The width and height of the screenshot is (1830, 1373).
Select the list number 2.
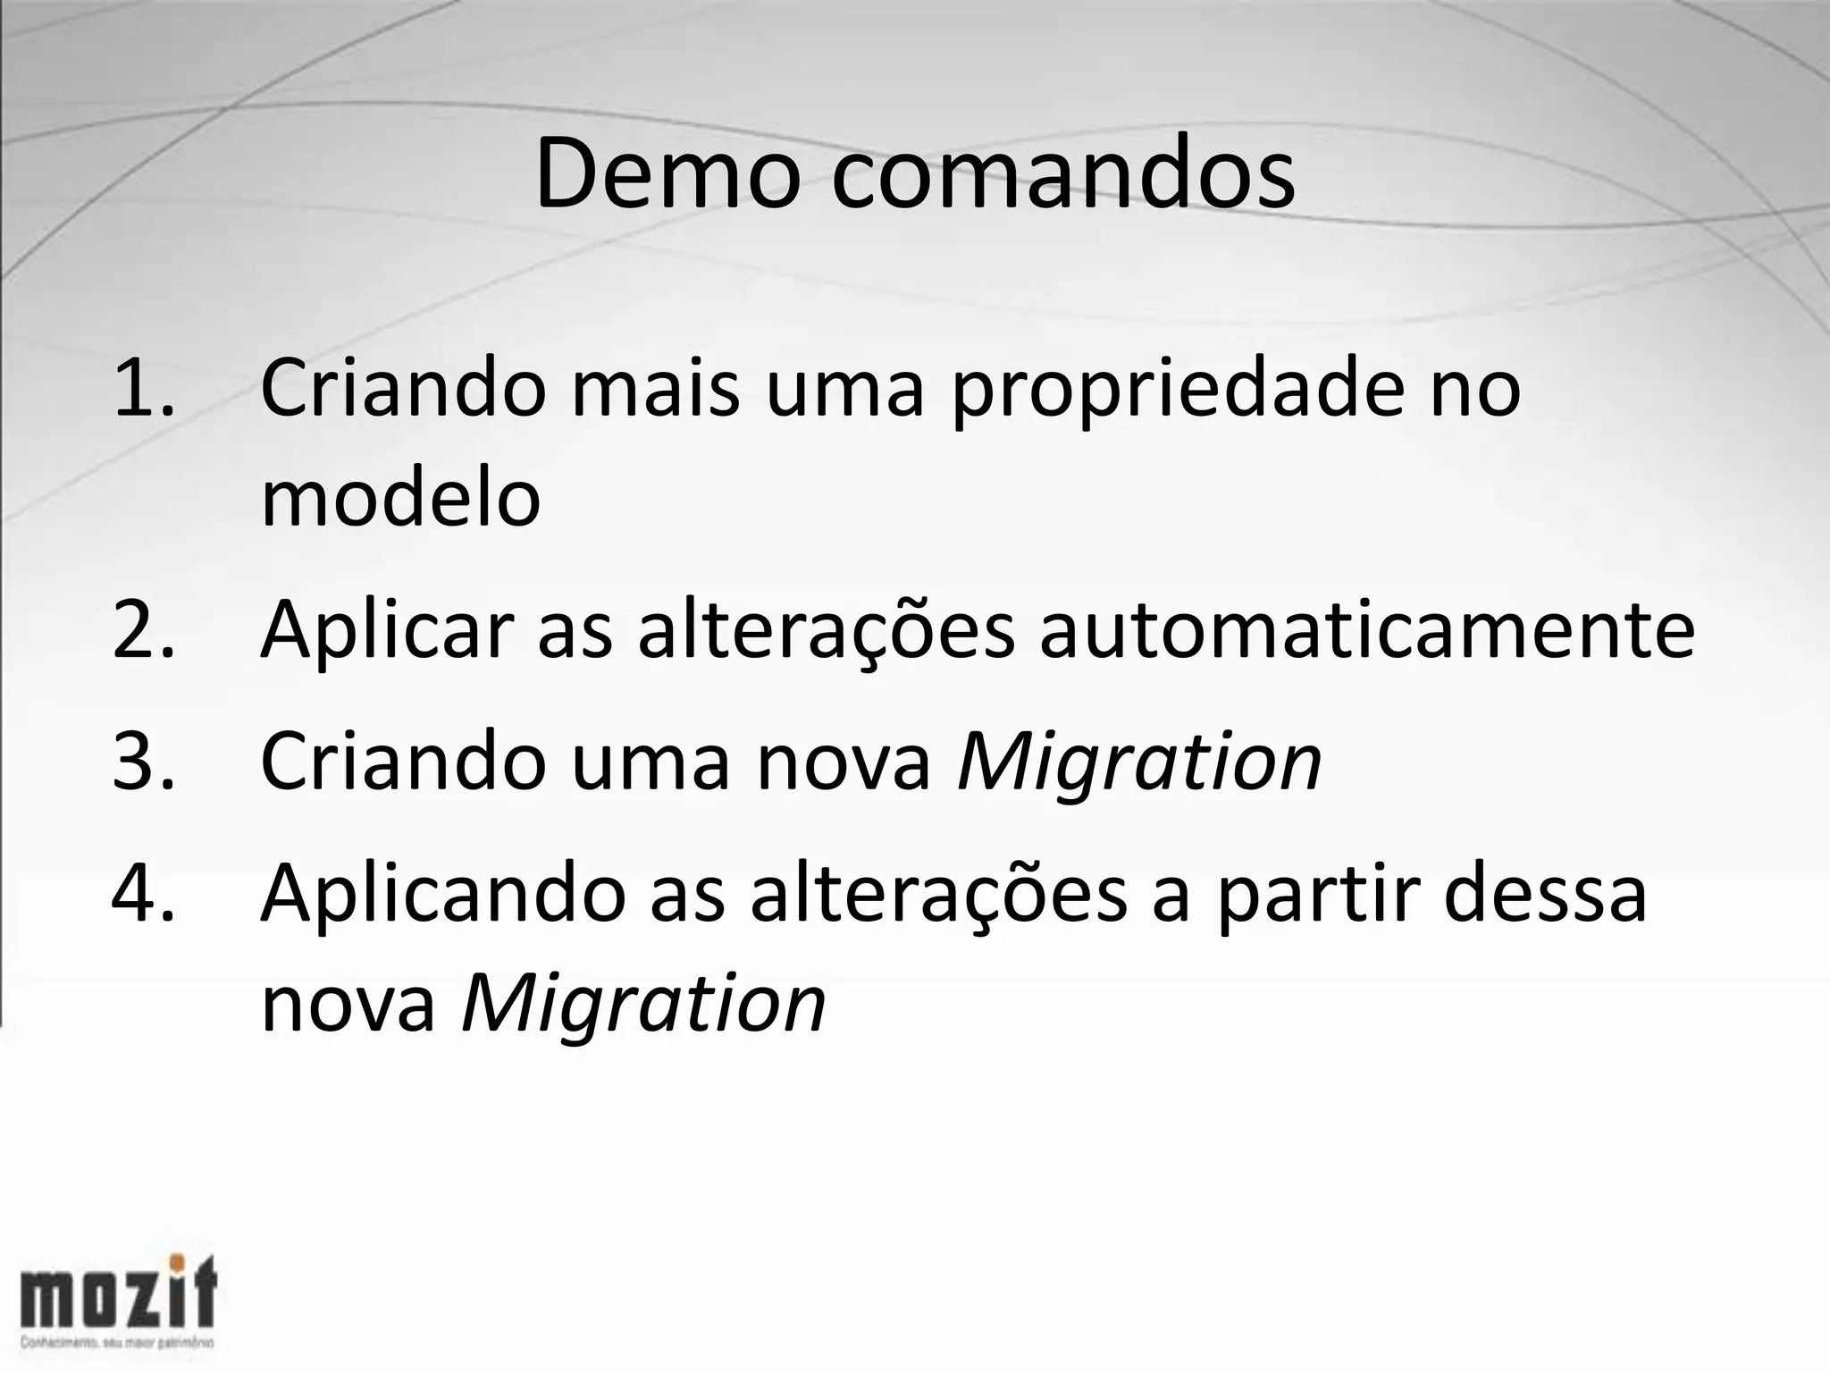click(143, 630)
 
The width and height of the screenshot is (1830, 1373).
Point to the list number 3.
click(143, 762)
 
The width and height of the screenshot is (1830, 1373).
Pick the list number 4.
click(143, 894)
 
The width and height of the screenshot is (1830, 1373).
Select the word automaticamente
click(1366, 630)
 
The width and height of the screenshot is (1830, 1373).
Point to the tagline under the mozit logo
click(116, 1344)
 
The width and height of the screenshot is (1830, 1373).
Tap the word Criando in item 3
click(402, 762)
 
